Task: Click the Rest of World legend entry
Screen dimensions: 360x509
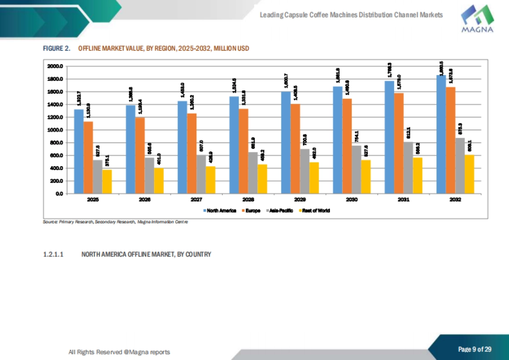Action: (315, 210)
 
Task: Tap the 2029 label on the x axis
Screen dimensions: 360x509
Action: (300, 199)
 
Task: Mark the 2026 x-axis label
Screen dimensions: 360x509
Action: (145, 199)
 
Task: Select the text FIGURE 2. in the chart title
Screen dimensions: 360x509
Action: (56, 49)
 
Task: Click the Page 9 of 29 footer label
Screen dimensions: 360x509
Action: (475, 349)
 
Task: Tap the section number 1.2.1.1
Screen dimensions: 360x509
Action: (53, 254)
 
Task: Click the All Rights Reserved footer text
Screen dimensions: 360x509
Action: (119, 352)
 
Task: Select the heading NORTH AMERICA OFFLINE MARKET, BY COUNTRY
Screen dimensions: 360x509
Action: (146, 254)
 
